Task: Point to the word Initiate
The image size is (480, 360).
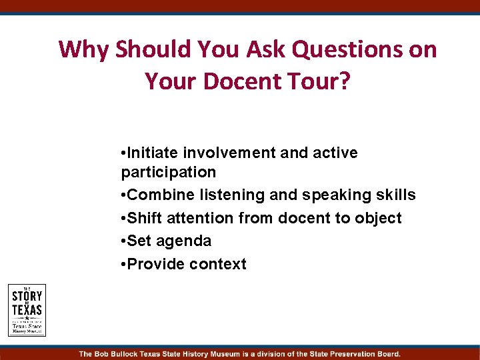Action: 154,153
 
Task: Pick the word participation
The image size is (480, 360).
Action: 169,173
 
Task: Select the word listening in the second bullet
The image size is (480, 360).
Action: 227,195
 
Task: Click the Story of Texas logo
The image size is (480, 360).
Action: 27,309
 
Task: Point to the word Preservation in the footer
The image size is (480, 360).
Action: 348,354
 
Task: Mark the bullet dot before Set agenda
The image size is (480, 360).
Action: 124,241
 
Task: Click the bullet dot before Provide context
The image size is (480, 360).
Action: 124,264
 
